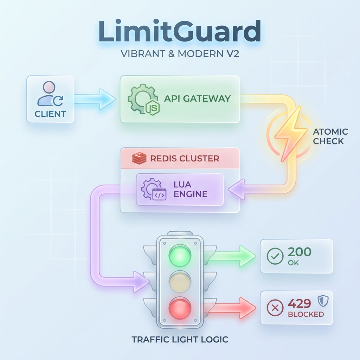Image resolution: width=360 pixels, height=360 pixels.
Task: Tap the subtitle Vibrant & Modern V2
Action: click(x=180, y=54)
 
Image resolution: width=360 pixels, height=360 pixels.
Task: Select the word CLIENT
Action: click(x=50, y=114)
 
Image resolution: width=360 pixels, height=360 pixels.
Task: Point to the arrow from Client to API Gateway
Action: click(x=95, y=99)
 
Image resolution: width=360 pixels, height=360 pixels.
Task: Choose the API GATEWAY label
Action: click(x=197, y=98)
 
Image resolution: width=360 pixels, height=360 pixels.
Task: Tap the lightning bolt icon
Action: click(x=291, y=134)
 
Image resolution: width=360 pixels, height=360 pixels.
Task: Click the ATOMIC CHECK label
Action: click(x=330, y=136)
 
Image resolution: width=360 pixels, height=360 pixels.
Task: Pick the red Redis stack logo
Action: click(x=139, y=158)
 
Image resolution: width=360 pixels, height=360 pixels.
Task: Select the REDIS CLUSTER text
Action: click(x=185, y=159)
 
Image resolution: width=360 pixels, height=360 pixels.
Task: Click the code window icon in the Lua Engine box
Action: click(x=159, y=194)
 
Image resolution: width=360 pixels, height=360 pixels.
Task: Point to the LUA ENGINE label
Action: click(x=190, y=189)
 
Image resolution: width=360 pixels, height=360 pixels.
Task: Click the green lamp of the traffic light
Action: click(x=180, y=255)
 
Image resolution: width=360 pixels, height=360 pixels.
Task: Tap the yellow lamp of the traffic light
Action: click(x=180, y=282)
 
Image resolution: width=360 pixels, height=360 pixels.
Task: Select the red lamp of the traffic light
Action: click(x=180, y=308)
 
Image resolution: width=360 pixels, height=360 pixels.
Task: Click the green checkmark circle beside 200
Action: click(x=275, y=256)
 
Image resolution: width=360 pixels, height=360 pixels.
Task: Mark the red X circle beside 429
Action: click(x=275, y=308)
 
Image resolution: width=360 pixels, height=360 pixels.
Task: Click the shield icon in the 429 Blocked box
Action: click(x=323, y=301)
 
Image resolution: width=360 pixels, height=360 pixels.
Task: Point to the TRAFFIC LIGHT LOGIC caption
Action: click(x=180, y=339)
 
